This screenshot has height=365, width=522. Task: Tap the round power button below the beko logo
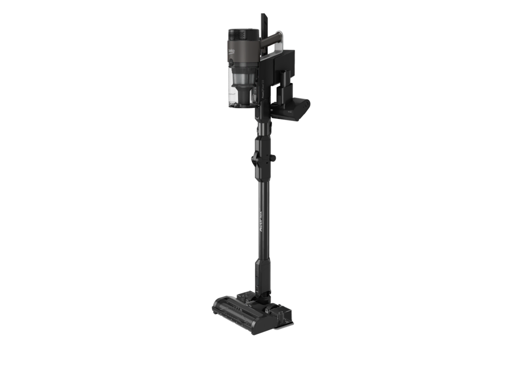pos(231,61)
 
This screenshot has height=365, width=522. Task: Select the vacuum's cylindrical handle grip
pos(269,40)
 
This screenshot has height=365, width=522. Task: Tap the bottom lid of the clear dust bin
pos(243,106)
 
